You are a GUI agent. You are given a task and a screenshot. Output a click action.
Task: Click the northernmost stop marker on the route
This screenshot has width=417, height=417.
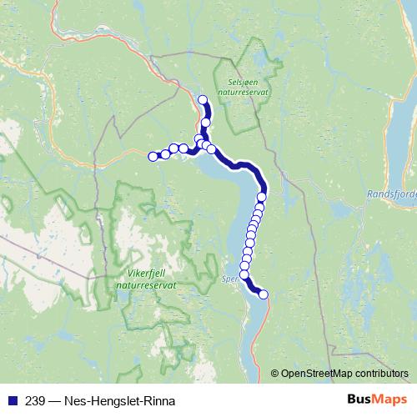202,101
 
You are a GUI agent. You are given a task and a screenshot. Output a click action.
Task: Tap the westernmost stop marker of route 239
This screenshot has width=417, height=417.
153,156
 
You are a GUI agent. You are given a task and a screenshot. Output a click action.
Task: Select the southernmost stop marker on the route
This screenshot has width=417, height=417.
264,294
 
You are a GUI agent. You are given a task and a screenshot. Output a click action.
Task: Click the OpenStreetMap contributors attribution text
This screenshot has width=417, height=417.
344,373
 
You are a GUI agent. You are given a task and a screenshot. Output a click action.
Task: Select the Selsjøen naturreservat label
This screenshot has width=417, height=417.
241,89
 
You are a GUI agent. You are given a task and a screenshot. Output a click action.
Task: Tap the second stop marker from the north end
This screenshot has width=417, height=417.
206,123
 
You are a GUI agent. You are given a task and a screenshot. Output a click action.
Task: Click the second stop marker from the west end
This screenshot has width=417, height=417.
165,154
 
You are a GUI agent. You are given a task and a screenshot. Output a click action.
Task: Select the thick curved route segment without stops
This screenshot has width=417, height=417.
242,165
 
